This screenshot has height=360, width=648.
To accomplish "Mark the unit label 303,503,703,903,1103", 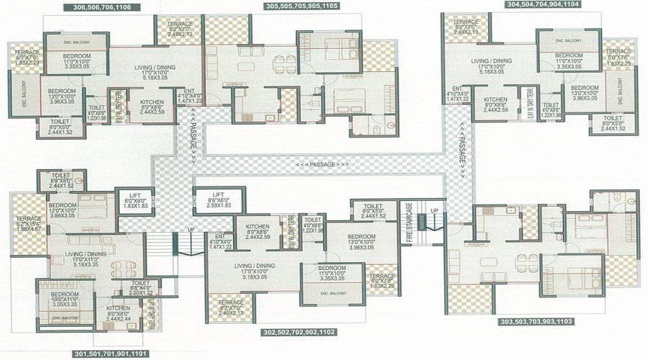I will click(536, 322).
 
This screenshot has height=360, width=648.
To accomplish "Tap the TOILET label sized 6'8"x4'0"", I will click(141, 287).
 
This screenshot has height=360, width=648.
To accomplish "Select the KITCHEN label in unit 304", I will click(494, 104).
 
